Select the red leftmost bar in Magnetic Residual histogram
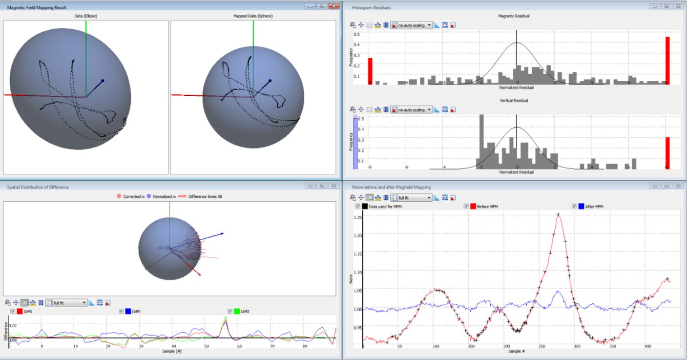pyautogui.click(x=370, y=71)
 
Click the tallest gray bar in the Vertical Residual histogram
pyautogui.click(x=481, y=142)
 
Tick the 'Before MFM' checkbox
pyautogui.click(x=466, y=207)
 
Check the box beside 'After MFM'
pyautogui.click(x=574, y=207)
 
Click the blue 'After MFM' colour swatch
pyautogui.click(x=581, y=207)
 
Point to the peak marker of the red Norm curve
pyautogui.click(x=558, y=214)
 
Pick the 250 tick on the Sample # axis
pyautogui.click(x=541, y=346)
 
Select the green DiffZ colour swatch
pyautogui.click(x=237, y=311)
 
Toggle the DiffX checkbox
pyautogui.click(x=13, y=311)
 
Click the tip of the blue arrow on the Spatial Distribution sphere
pyautogui.click(x=224, y=233)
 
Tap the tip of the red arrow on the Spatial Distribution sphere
pyautogui.click(x=200, y=275)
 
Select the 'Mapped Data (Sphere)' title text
pyautogui.click(x=253, y=16)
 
